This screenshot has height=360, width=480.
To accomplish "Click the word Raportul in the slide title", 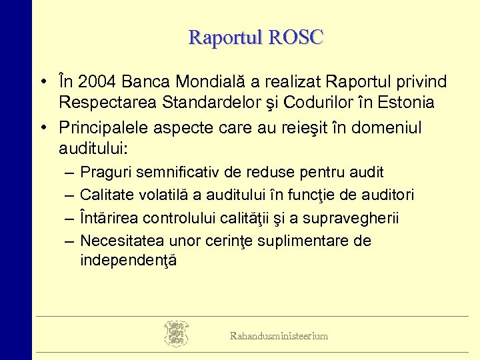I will [225, 37].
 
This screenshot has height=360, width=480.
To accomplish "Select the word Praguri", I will [105, 172].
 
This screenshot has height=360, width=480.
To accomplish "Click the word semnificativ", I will [175, 172].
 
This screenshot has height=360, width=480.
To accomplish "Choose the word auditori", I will [387, 195].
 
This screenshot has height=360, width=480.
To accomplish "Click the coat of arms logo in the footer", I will [176, 334].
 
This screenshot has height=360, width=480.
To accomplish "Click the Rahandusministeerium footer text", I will [279, 336].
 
